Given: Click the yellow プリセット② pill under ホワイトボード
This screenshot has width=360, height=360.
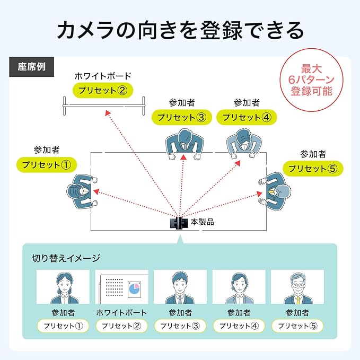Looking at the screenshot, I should coord(102,90).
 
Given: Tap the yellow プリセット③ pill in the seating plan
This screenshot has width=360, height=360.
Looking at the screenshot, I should coord(182,117).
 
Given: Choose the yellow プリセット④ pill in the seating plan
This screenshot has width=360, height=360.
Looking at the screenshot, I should coord(247,117).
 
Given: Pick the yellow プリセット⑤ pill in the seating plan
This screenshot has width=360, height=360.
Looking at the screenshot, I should coord(313,169).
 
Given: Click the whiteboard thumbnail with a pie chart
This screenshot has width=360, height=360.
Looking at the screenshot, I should coord(121,287).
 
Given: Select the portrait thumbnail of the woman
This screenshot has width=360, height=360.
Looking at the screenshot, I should coord(63,287).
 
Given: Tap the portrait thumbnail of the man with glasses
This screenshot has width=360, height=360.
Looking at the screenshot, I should coord(297,287).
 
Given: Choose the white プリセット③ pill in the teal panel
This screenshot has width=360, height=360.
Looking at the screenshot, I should coord(180,326).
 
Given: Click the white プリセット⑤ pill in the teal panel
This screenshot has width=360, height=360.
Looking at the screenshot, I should coord(297,326).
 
